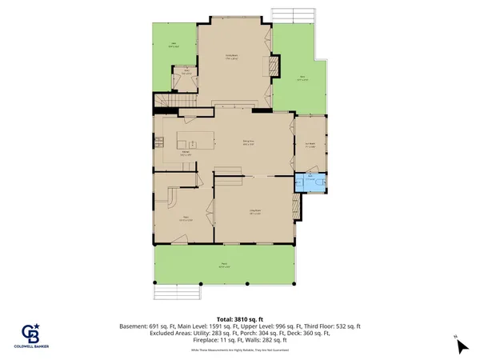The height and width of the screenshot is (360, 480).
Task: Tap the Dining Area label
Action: click(250, 144)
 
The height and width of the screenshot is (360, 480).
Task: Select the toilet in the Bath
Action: click(320, 182)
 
